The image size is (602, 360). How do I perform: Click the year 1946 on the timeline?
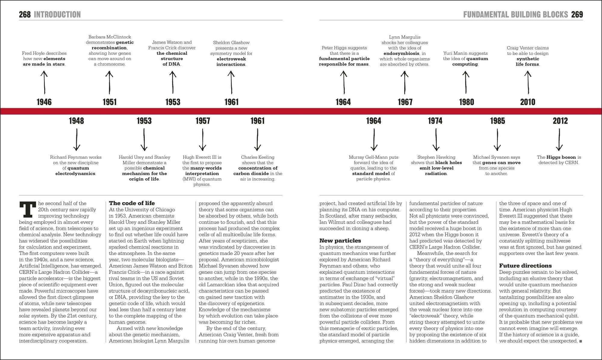(44, 102)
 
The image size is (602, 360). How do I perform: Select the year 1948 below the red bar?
(76, 121)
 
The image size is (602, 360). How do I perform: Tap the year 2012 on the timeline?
(560, 121)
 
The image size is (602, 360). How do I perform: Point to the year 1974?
(435, 121)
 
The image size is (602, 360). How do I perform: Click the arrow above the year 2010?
(528, 82)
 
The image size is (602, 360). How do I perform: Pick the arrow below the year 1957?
(203, 140)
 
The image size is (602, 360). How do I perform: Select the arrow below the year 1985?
(497, 140)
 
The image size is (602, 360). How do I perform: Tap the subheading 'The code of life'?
(132, 203)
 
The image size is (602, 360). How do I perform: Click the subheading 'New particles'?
(340, 241)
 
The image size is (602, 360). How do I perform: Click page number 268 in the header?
(25, 14)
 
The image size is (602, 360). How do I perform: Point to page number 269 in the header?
(577, 14)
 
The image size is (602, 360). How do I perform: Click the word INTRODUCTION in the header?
(57, 14)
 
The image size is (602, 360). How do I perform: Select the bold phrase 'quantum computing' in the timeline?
(465, 61)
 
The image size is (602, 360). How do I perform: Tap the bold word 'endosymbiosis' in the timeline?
(401, 53)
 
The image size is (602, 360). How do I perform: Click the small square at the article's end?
(581, 341)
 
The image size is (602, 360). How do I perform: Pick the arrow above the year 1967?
(404, 82)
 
